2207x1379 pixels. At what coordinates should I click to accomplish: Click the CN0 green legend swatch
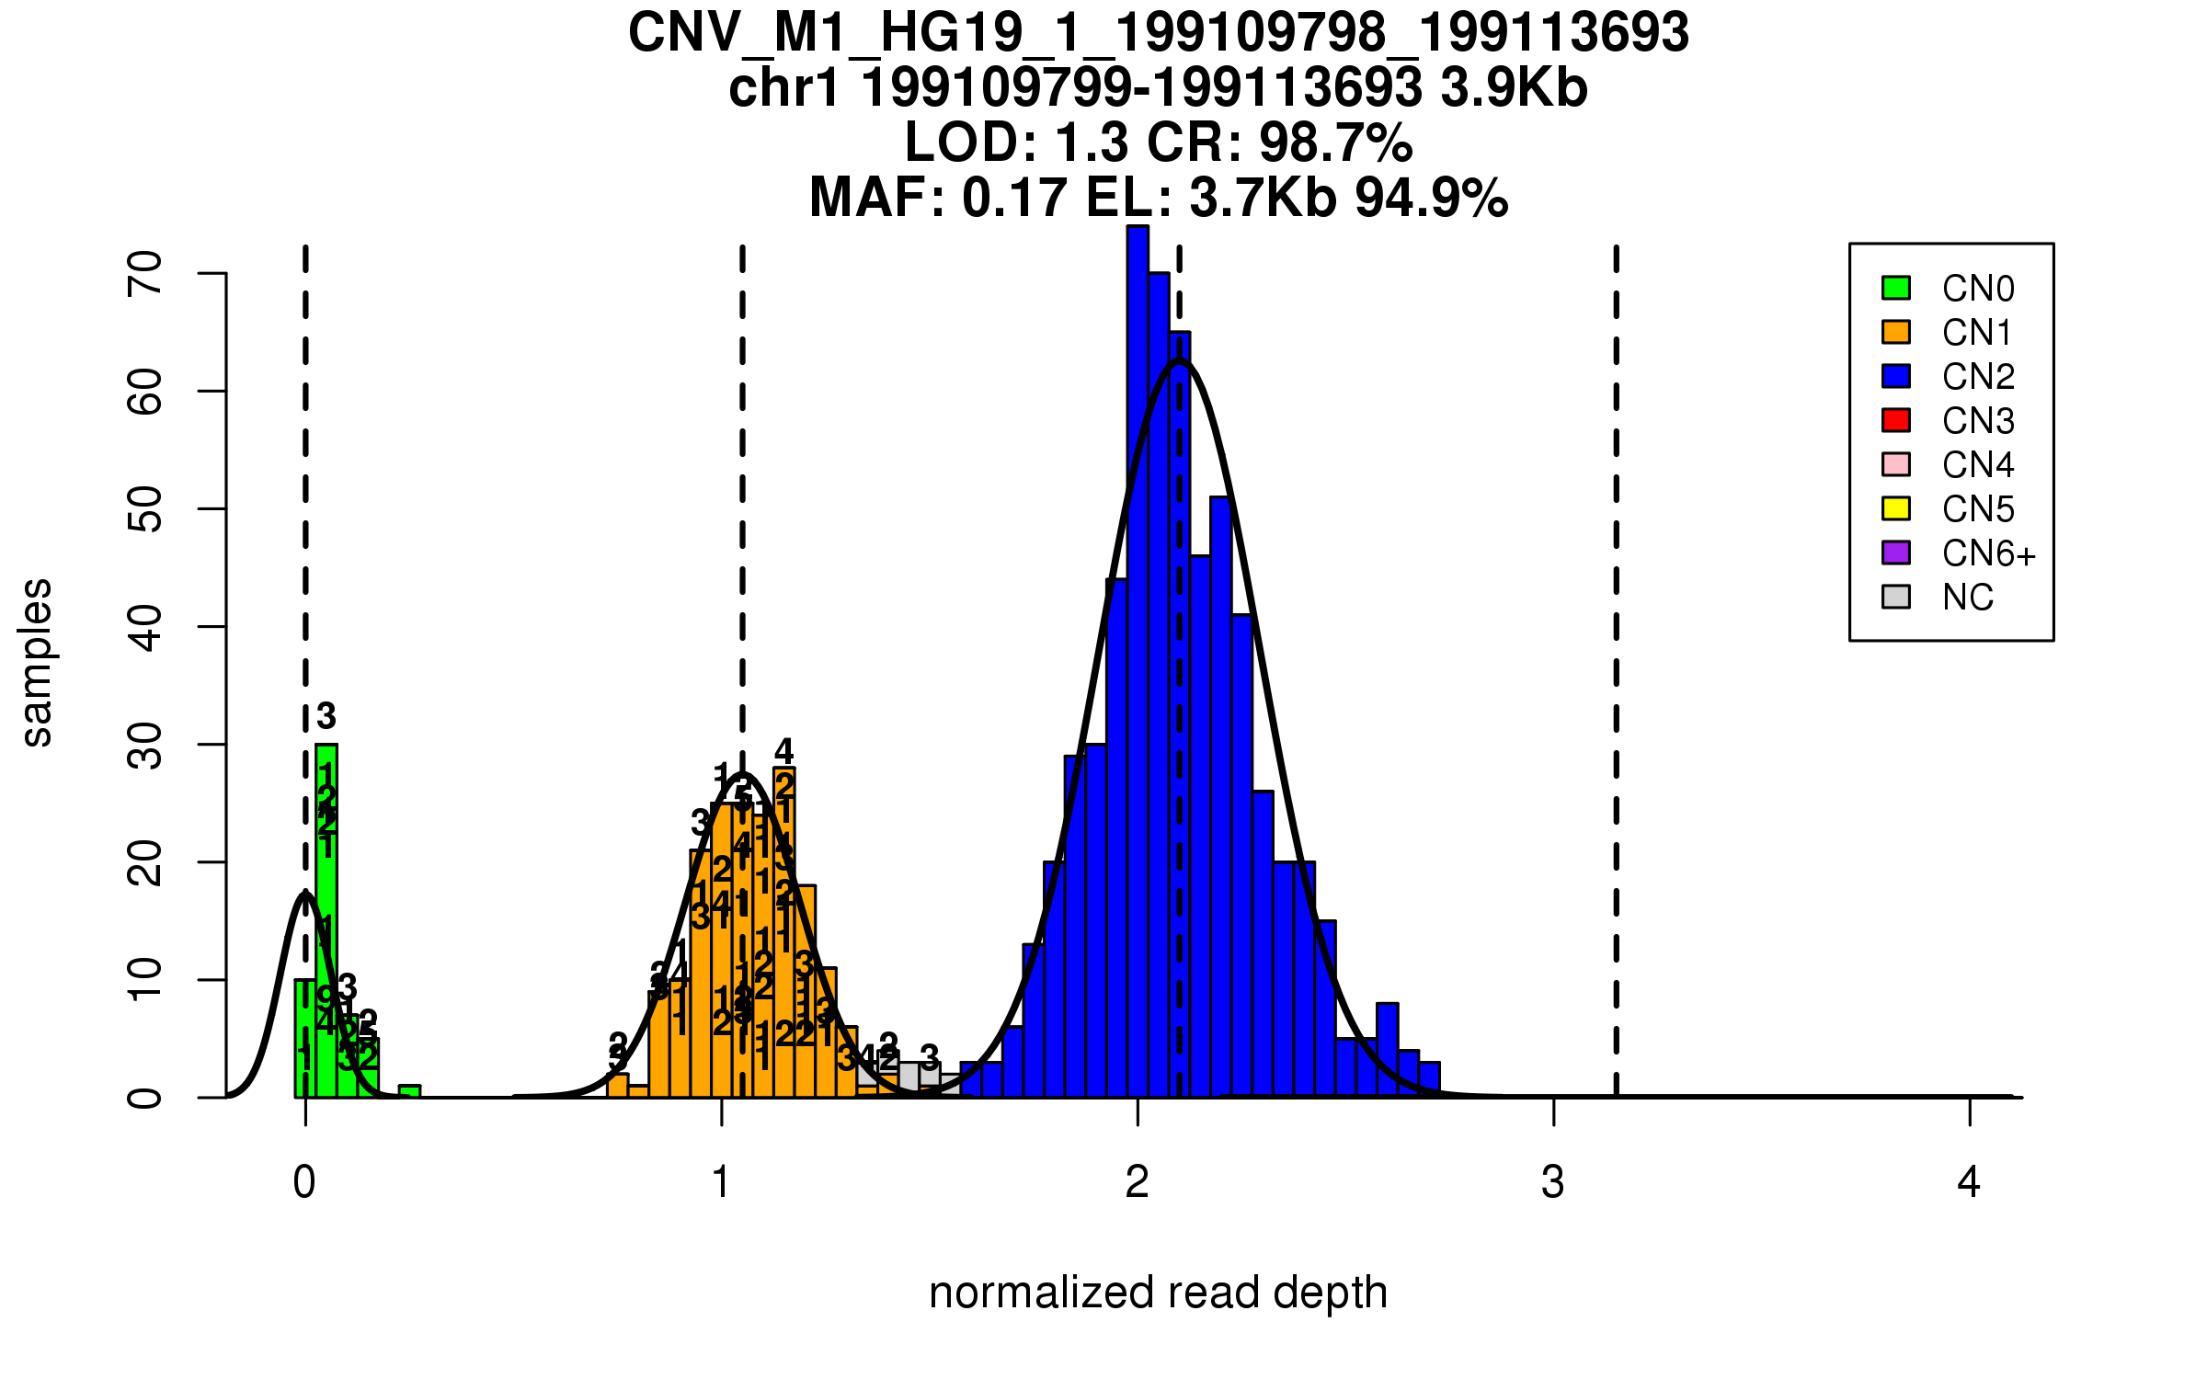(x=1896, y=288)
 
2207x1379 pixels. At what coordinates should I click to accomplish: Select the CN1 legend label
(x=1977, y=333)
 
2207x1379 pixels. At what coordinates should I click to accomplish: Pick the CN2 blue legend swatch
(x=1896, y=376)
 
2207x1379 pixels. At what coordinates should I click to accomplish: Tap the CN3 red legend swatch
(x=1896, y=420)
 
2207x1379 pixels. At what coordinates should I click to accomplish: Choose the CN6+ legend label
(x=1989, y=553)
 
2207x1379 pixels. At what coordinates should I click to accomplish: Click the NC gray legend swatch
(x=1896, y=597)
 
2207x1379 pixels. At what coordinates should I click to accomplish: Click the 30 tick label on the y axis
(x=145, y=745)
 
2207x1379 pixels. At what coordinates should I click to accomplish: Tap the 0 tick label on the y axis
(x=145, y=1098)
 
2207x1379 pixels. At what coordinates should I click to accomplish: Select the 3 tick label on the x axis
(x=1553, y=1182)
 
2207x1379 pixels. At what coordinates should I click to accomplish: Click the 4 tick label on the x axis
(x=1969, y=1182)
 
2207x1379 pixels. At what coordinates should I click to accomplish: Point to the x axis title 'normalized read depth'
(x=1158, y=1293)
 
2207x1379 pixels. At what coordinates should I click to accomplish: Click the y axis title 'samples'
(x=37, y=662)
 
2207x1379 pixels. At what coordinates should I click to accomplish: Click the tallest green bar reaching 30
(x=326, y=919)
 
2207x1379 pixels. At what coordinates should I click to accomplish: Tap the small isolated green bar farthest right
(x=409, y=1091)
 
